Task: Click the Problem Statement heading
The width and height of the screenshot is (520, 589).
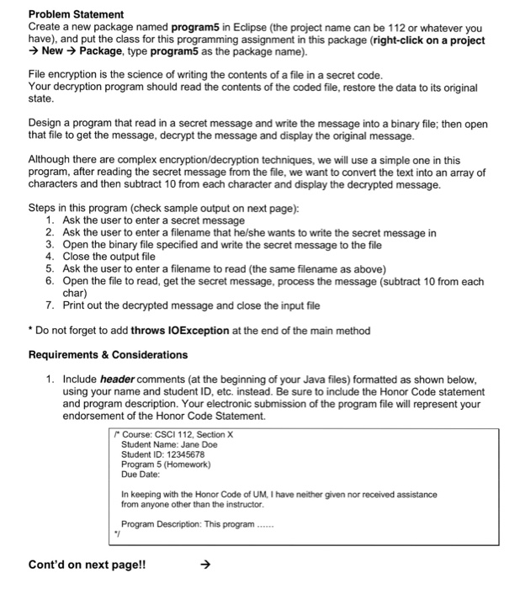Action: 76,14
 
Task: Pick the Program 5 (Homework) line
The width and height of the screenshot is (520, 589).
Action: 165,464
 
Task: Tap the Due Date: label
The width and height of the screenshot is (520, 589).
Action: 141,475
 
